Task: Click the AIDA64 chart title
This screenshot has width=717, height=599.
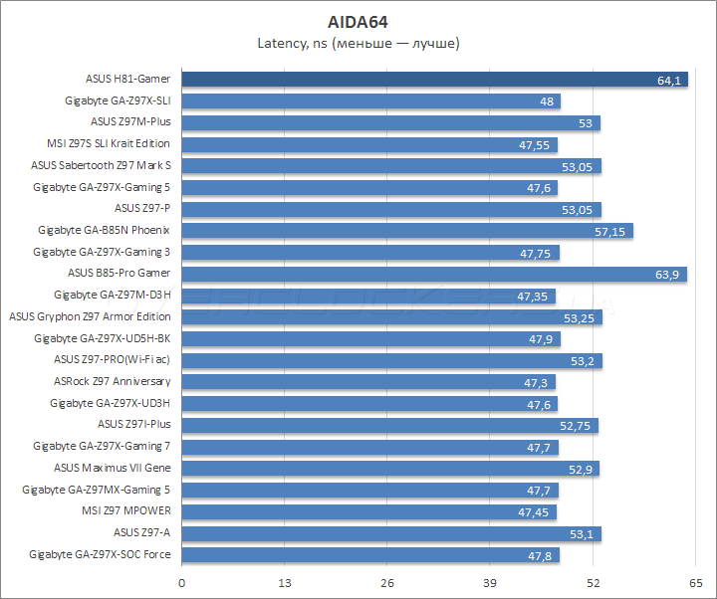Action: pyautogui.click(x=358, y=21)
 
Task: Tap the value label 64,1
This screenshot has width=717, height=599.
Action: pyautogui.click(x=668, y=81)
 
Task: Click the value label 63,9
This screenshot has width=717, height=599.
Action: pyautogui.click(x=667, y=274)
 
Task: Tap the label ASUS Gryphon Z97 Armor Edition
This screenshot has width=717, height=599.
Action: pyautogui.click(x=90, y=316)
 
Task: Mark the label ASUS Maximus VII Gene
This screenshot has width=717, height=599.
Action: pyautogui.click(x=112, y=468)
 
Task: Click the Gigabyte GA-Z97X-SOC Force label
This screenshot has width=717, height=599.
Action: pyautogui.click(x=100, y=553)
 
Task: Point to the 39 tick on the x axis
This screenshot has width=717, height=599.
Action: pyautogui.click(x=491, y=582)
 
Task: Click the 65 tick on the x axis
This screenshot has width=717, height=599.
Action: pyautogui.click(x=697, y=582)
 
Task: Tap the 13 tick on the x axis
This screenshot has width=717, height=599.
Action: pyautogui.click(x=285, y=582)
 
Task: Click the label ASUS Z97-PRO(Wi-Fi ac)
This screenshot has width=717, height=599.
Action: pyautogui.click(x=112, y=360)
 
